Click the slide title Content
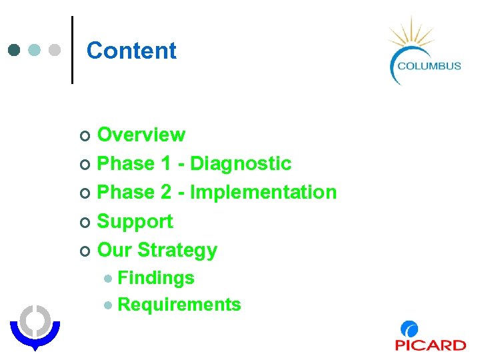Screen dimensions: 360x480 tap(131, 51)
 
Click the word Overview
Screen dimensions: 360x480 tap(141, 135)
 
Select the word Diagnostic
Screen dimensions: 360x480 tap(241, 163)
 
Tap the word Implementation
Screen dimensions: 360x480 tap(263, 193)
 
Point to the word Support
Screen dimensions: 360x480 tap(135, 221)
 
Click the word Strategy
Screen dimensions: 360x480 tap(177, 250)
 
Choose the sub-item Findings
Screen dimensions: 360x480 tap(155, 278)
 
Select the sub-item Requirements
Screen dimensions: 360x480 tap(179, 305)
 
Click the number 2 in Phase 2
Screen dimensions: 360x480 tap(166, 193)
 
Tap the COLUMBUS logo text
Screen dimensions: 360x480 tap(429, 65)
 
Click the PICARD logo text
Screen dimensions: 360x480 tap(431, 345)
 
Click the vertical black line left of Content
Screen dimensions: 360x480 tap(72, 49)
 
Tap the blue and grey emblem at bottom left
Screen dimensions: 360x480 tap(35, 327)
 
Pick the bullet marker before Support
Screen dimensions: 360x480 tap(83, 222)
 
